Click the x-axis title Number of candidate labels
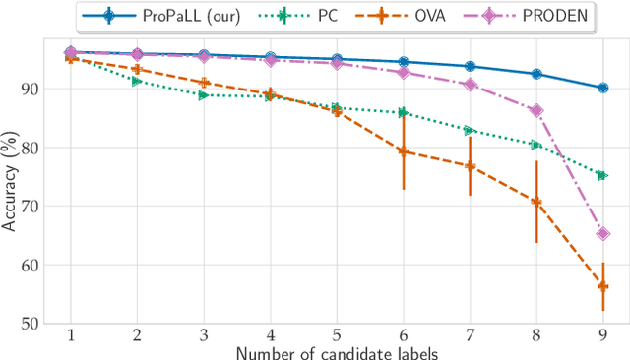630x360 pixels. pyautogui.click(x=337, y=350)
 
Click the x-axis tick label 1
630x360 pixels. pyautogui.click(x=70, y=334)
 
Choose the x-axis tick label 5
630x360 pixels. pyautogui.click(x=337, y=334)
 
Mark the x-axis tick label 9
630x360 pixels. pyautogui.click(x=602, y=334)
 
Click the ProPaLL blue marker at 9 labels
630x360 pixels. pyautogui.click(x=602, y=88)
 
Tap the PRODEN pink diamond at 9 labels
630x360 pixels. pyautogui.click(x=602, y=234)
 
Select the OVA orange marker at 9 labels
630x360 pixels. pyautogui.click(x=602, y=286)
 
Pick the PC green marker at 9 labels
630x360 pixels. pyautogui.click(x=602, y=175)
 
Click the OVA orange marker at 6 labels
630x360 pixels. pyautogui.click(x=403, y=151)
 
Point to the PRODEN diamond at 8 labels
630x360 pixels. pyautogui.click(x=535, y=111)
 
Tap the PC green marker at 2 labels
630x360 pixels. pyautogui.click(x=137, y=81)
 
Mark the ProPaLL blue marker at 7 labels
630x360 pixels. pyautogui.click(x=470, y=66)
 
